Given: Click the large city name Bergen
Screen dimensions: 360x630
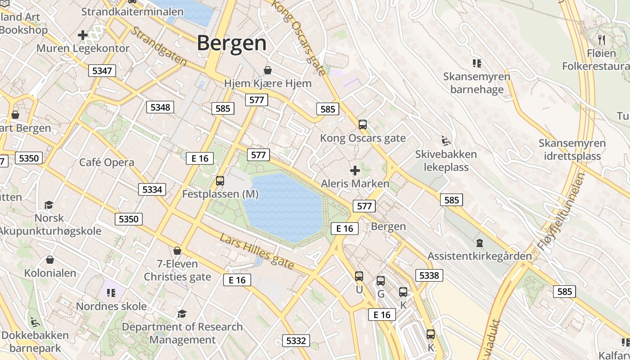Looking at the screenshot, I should pos(232,43).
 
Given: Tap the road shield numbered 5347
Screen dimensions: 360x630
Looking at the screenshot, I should pos(102,71).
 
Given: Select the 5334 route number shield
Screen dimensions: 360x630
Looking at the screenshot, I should pos(152,189).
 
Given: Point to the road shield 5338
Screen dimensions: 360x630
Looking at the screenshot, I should pos(429,275).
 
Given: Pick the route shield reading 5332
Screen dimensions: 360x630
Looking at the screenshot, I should pos(296,341).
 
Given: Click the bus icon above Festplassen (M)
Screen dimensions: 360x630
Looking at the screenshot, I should pos(220,181).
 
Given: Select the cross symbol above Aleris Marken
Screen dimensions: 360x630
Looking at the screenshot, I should pos(355,171).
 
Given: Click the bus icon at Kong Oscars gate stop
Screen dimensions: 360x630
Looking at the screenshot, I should pos(363,125).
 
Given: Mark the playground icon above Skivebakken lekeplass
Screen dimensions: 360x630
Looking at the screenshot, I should pos(445,141).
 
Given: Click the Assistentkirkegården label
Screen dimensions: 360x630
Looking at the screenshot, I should pos(479,256).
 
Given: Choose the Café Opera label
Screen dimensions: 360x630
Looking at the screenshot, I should pos(107,162).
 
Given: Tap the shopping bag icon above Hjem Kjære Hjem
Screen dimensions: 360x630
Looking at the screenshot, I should pos(268,70).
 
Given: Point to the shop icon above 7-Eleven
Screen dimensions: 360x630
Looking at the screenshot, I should pos(177,251).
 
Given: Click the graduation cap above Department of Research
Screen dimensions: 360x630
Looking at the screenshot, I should pos(182,314).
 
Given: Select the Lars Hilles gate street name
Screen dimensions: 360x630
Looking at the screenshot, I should pos(257,252).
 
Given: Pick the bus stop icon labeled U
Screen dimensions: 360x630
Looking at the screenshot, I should pos(359,276).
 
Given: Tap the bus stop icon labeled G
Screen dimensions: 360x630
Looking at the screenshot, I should pos(381,281).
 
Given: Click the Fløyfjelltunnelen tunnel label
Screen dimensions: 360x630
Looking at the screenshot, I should pos(561,212).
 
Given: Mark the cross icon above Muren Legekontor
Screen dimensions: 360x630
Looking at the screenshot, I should pos(83,35).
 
